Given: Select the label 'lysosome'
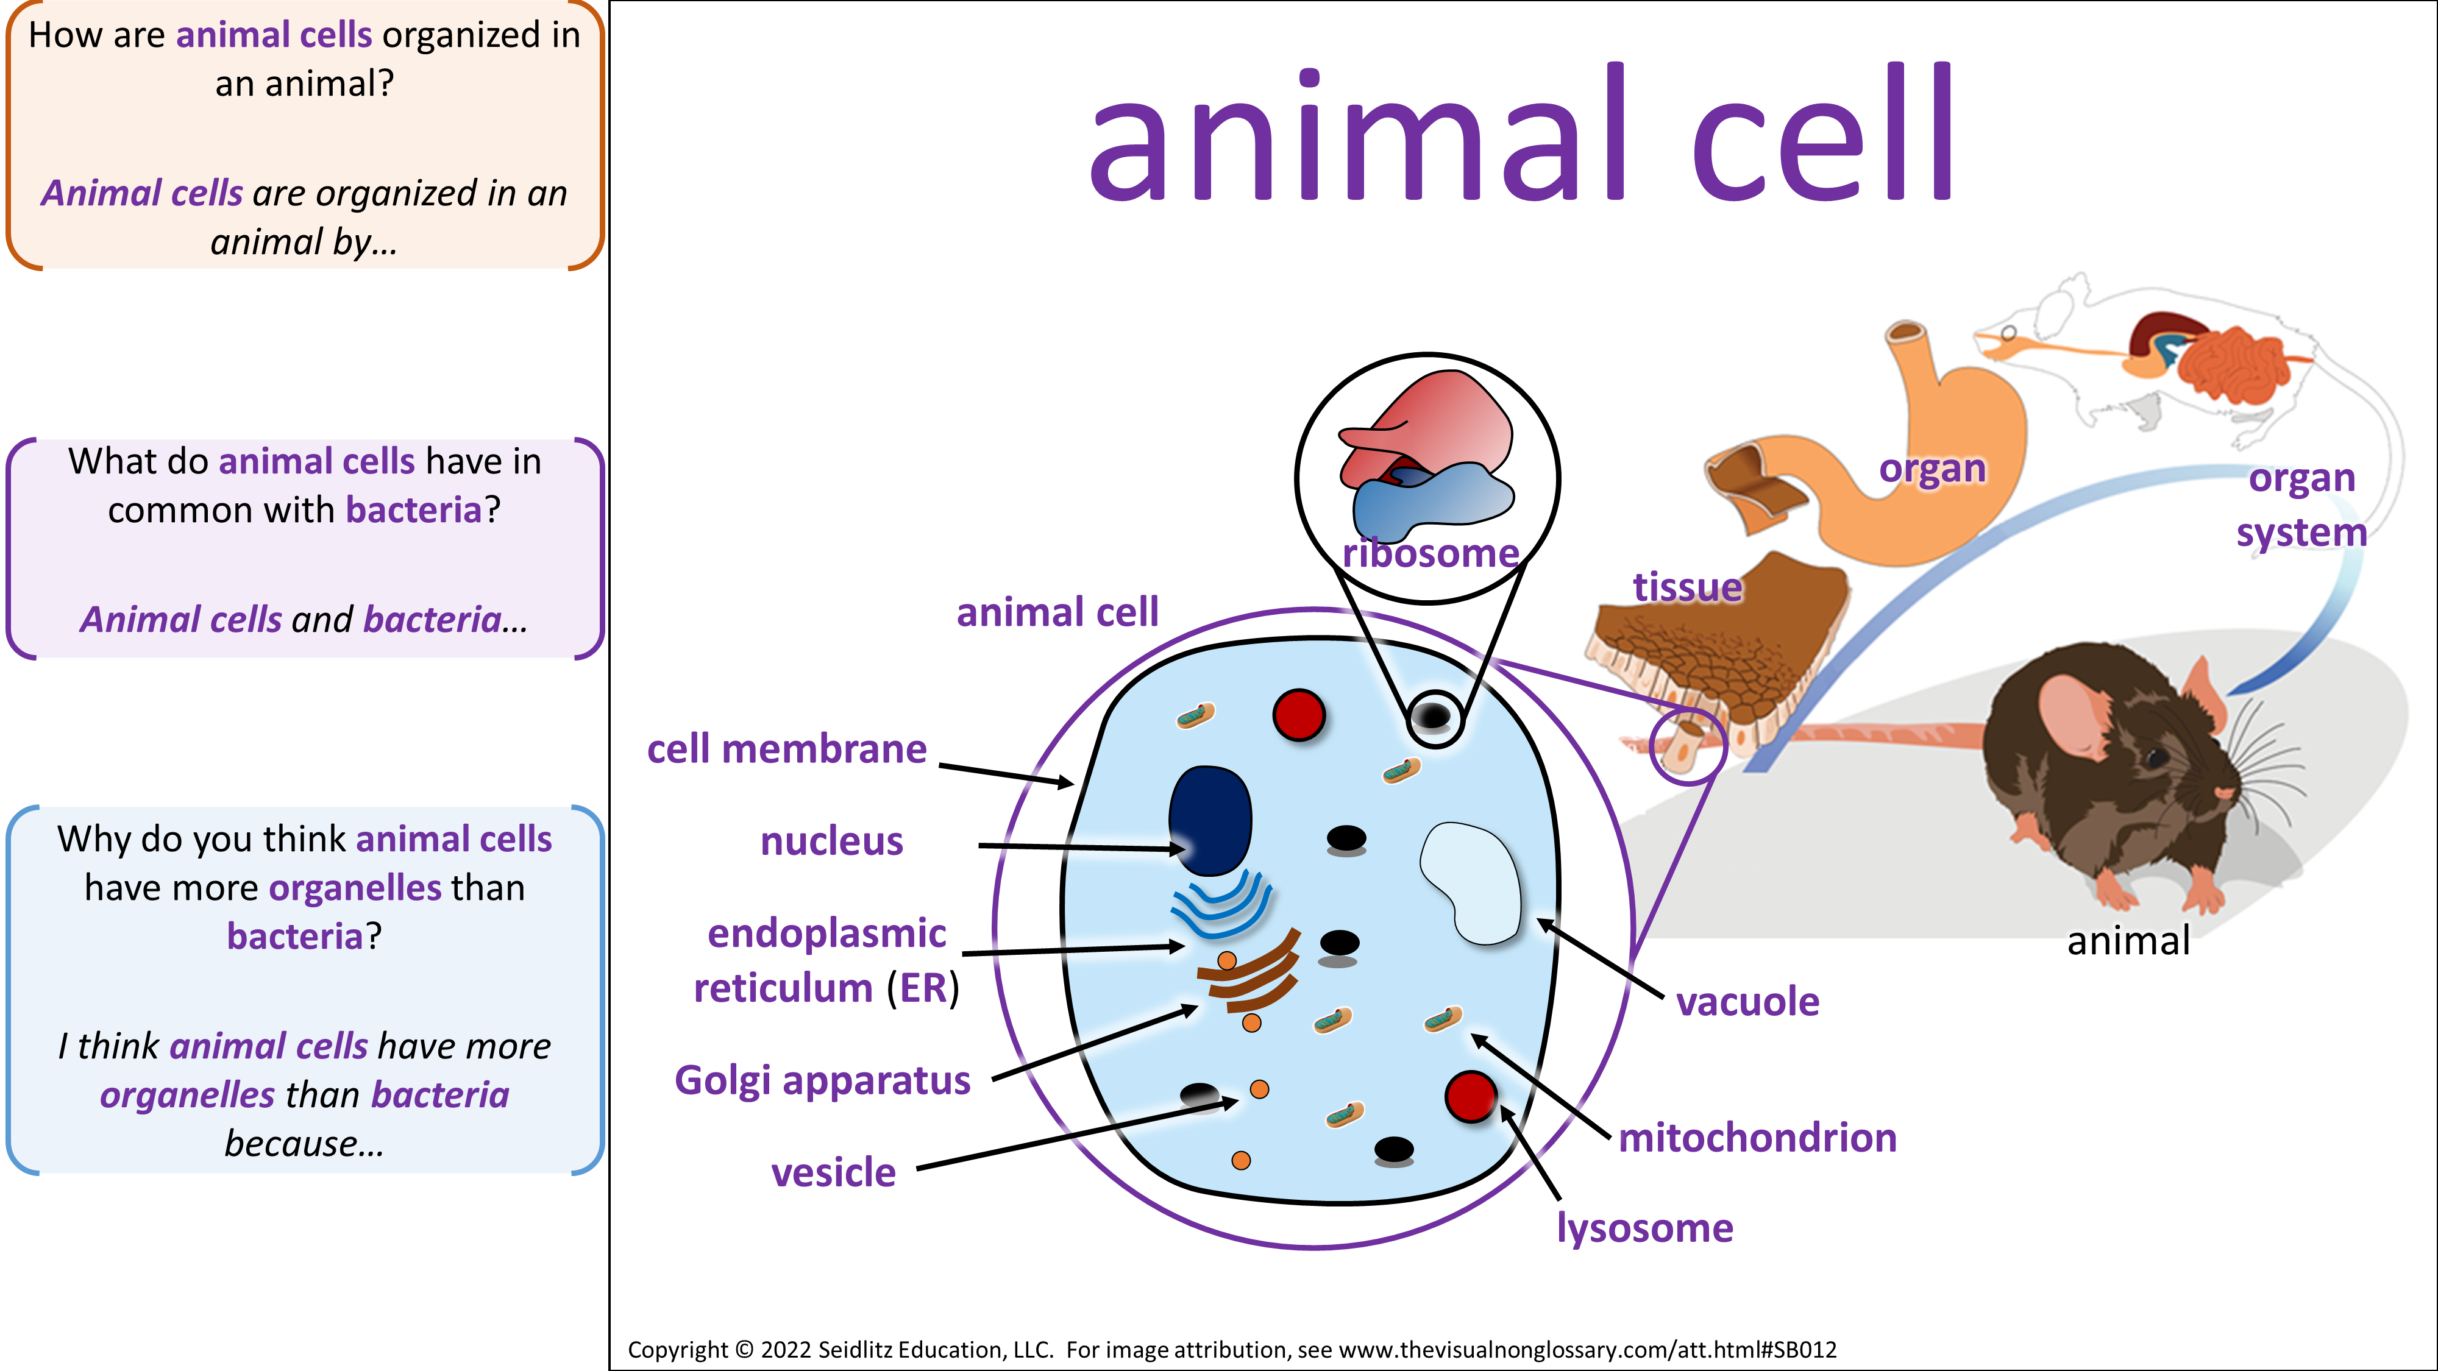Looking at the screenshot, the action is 1645,1228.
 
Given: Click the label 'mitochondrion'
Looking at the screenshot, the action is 1758,1137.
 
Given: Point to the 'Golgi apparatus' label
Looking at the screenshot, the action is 822,1080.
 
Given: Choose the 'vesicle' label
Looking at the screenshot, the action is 833,1172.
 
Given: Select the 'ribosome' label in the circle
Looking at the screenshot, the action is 1430,553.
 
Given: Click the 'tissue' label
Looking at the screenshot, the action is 1688,587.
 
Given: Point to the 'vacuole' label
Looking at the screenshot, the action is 1747,1001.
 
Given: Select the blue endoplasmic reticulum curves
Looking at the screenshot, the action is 1221,904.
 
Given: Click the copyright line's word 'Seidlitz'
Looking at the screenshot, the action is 858,1349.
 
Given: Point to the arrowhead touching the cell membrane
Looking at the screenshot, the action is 1067,782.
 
